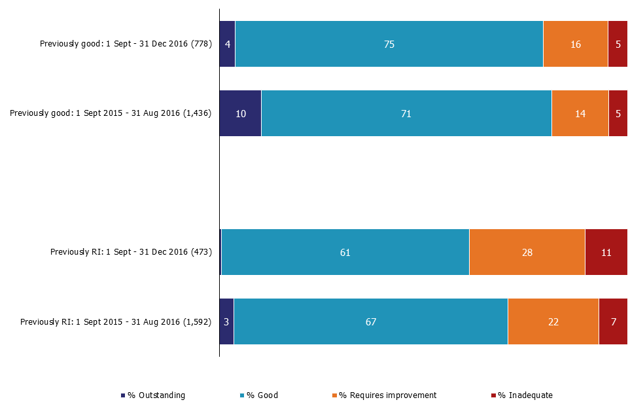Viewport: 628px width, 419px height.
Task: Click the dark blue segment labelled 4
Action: pos(227,44)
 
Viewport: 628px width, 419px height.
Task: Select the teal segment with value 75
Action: pos(389,44)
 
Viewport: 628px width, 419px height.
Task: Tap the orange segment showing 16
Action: pos(576,44)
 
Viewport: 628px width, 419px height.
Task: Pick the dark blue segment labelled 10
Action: pos(240,113)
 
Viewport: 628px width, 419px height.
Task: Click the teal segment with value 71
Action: pos(406,113)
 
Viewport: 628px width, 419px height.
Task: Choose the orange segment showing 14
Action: pos(580,113)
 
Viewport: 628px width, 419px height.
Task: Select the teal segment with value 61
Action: pos(345,252)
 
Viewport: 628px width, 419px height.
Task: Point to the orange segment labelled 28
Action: pos(527,252)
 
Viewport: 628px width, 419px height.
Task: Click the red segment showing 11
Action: pos(606,252)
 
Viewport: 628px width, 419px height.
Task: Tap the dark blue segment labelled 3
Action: pos(226,321)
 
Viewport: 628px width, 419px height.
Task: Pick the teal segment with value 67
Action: pos(371,321)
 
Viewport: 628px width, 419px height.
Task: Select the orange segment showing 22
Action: pos(553,321)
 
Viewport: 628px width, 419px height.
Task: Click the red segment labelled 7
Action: pos(613,321)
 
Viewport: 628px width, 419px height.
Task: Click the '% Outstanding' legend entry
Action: pos(153,395)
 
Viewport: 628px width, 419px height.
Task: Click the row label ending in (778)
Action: pos(126,44)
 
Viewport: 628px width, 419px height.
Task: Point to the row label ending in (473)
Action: pos(131,252)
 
